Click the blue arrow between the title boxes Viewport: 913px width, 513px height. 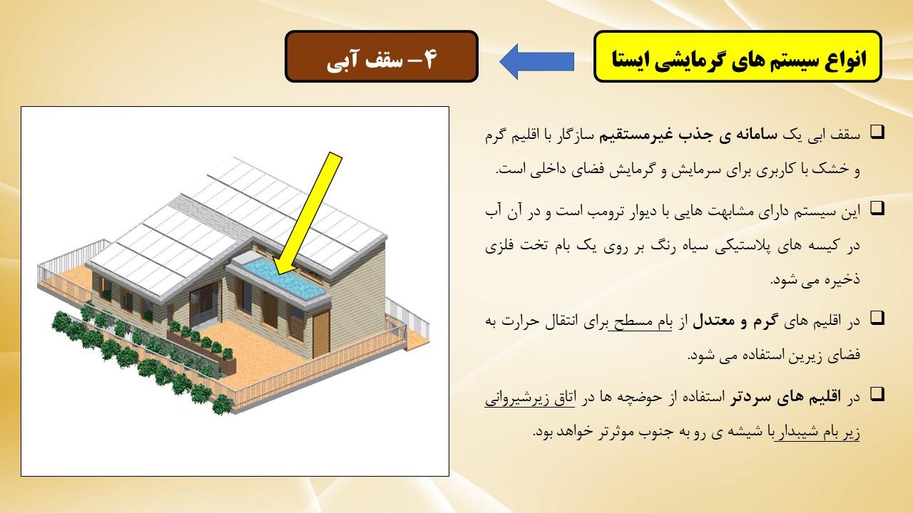click(x=537, y=62)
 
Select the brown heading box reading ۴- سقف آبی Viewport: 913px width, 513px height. click(x=381, y=56)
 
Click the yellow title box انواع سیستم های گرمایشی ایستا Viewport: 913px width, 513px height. click(x=738, y=56)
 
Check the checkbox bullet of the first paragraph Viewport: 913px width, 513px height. click(x=877, y=133)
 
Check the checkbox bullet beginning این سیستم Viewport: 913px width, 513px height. click(x=877, y=209)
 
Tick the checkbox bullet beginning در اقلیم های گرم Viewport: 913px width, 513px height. click(x=877, y=318)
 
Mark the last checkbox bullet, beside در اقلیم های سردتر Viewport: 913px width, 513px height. click(x=877, y=394)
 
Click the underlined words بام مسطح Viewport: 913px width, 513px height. click(x=640, y=321)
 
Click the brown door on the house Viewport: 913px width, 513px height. click(x=321, y=333)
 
